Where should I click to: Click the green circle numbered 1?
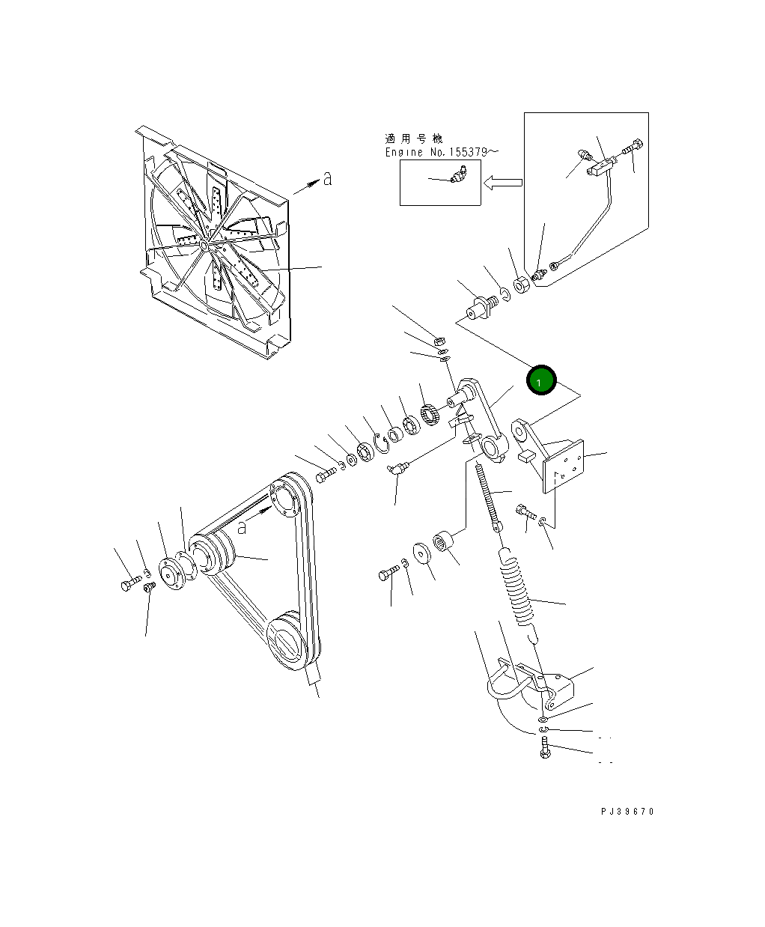(540, 380)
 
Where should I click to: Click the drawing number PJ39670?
(627, 812)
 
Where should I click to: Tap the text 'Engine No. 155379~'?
(441, 152)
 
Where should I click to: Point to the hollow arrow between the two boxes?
(502, 182)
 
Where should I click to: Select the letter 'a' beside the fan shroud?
(327, 179)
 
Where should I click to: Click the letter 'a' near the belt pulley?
(242, 526)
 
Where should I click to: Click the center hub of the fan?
(204, 244)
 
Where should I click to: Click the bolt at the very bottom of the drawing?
(544, 748)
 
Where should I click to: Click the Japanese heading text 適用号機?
(413, 139)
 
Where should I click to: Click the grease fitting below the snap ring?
(396, 469)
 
